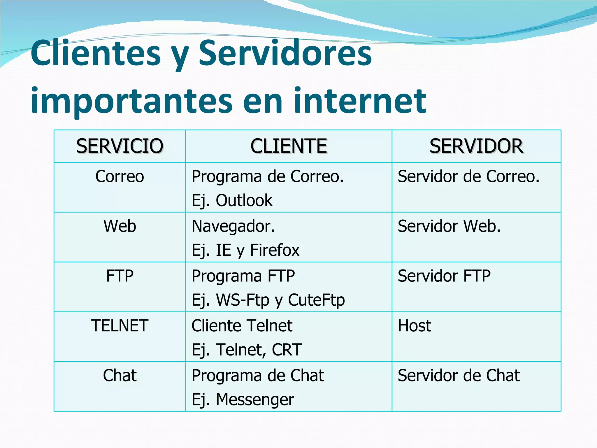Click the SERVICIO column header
tap(120, 146)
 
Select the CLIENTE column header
tap(289, 146)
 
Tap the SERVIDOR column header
tap(476, 146)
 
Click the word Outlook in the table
tap(244, 200)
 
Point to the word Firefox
tap(275, 250)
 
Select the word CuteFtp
tap(316, 300)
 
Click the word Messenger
tap(255, 400)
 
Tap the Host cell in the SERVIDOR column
tap(414, 326)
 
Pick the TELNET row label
tap(120, 326)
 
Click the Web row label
tap(120, 226)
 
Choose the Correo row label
tap(120, 176)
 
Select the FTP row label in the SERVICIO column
tap(120, 276)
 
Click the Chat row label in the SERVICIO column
tap(120, 375)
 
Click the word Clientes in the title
tap(96, 53)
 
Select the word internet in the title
tap(360, 101)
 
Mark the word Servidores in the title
tap(285, 53)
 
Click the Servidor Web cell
tap(449, 226)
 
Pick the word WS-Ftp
tap(243, 300)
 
